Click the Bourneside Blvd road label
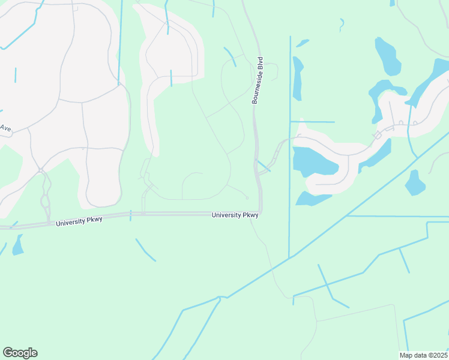pos(258,81)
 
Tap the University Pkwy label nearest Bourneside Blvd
pos(235,215)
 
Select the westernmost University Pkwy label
pos(79,221)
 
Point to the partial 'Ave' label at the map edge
pos(5,128)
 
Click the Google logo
pos(20,353)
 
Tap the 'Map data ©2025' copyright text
pos(423,355)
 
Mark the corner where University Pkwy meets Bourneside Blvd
pos(261,212)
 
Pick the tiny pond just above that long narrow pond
pos(303,43)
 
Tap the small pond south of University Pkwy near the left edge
pos(17,245)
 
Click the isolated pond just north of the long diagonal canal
pos(414,183)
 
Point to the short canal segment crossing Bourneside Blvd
pos(264,166)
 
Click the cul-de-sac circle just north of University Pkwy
pos(247,197)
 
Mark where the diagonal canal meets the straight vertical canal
pos(290,257)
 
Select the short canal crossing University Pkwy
pos(130,215)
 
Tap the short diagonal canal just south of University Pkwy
pos(145,250)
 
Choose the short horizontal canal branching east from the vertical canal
pos(312,122)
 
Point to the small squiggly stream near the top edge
pos(342,25)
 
